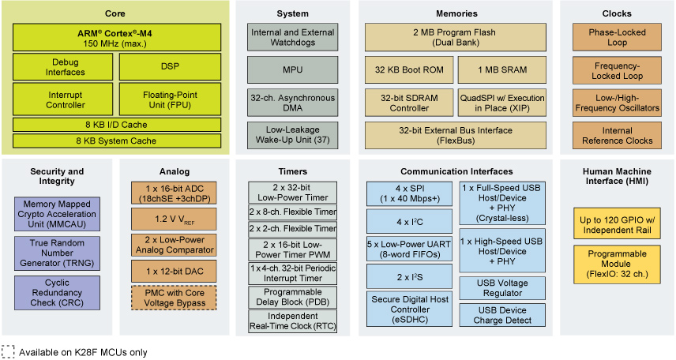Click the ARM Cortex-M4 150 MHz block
[117, 38]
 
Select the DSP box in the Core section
[170, 67]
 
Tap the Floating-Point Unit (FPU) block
[170, 99]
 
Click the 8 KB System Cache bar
[117, 141]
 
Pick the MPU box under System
[292, 69]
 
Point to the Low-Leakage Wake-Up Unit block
[292, 135]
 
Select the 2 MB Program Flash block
[455, 38]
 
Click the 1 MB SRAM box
[501, 69]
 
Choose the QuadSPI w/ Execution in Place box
[501, 103]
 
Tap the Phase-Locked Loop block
[617, 38]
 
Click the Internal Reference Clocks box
[617, 135]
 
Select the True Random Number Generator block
[57, 253]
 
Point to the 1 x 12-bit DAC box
[174, 272]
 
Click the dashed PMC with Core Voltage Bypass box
[174, 298]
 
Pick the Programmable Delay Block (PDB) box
[292, 297]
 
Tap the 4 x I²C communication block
[409, 222]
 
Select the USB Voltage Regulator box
[502, 288]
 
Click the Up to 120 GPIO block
[617, 225]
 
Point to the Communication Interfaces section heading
[456, 171]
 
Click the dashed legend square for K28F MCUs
[8, 352]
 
